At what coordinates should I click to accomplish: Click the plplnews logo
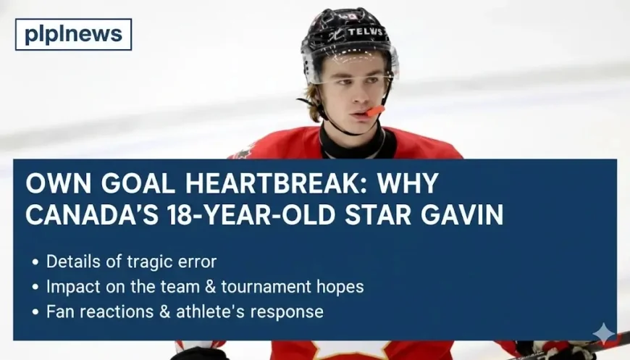(x=73, y=34)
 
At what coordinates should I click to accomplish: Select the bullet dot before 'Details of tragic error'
(x=35, y=262)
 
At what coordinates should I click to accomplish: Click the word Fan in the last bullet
(x=59, y=311)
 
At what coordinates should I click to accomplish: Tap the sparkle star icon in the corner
(x=603, y=333)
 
